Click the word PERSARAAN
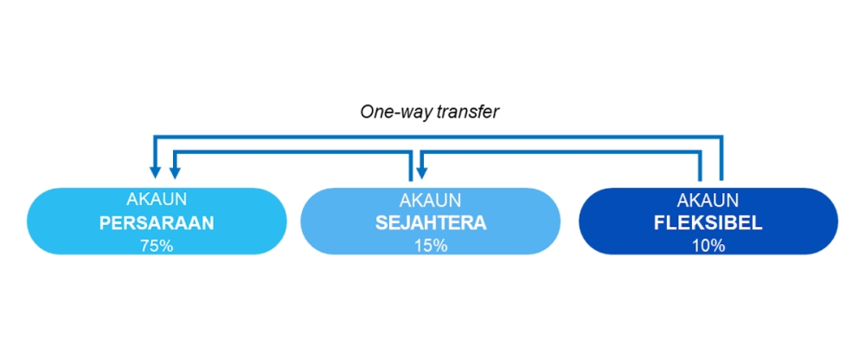tap(157, 223)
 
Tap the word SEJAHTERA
tap(431, 223)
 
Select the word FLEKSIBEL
tap(708, 223)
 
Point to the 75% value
tap(157, 246)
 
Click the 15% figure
tap(431, 246)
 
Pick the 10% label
tap(708, 246)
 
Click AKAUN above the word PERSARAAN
tap(157, 199)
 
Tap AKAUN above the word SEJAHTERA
tap(431, 199)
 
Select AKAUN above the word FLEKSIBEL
tap(708, 199)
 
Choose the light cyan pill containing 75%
tap(157, 222)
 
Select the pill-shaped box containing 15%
tap(431, 222)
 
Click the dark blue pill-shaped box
tap(708, 222)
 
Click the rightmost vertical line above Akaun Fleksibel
tap(721, 157)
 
